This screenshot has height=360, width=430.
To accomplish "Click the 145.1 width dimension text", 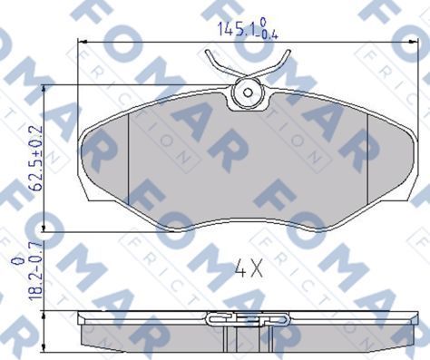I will pyautogui.click(x=229, y=30).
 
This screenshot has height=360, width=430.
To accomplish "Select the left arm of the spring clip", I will pyautogui.click(x=220, y=64).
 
